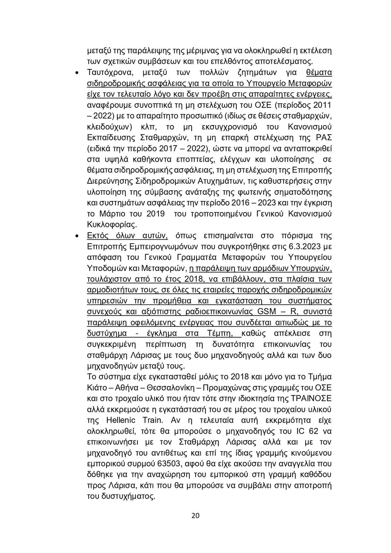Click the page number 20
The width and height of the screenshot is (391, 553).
click(195, 516)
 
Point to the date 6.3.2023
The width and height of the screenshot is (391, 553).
click(306, 246)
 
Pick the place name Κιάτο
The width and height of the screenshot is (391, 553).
click(98, 388)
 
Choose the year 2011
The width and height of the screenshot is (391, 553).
click(322, 105)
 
